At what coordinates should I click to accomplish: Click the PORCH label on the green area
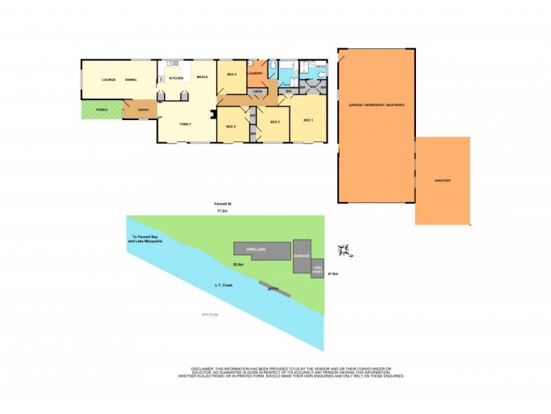[101, 110]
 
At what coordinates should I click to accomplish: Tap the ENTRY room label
[143, 110]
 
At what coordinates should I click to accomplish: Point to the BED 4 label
[231, 74]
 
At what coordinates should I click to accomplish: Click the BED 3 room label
[231, 126]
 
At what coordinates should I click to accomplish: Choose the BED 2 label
[274, 121]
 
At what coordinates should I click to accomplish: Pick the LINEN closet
[257, 92]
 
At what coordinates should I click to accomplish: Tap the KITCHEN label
[177, 78]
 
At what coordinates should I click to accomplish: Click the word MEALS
[202, 77]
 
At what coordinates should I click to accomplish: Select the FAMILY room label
[185, 124]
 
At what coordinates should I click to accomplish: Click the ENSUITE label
[320, 66]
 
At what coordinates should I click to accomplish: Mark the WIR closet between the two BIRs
[312, 88]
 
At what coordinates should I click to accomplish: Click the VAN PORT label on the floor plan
[442, 181]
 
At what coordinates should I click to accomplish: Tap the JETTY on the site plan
[274, 289]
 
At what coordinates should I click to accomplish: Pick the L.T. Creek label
[221, 284]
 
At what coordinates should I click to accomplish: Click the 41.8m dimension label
[333, 274]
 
